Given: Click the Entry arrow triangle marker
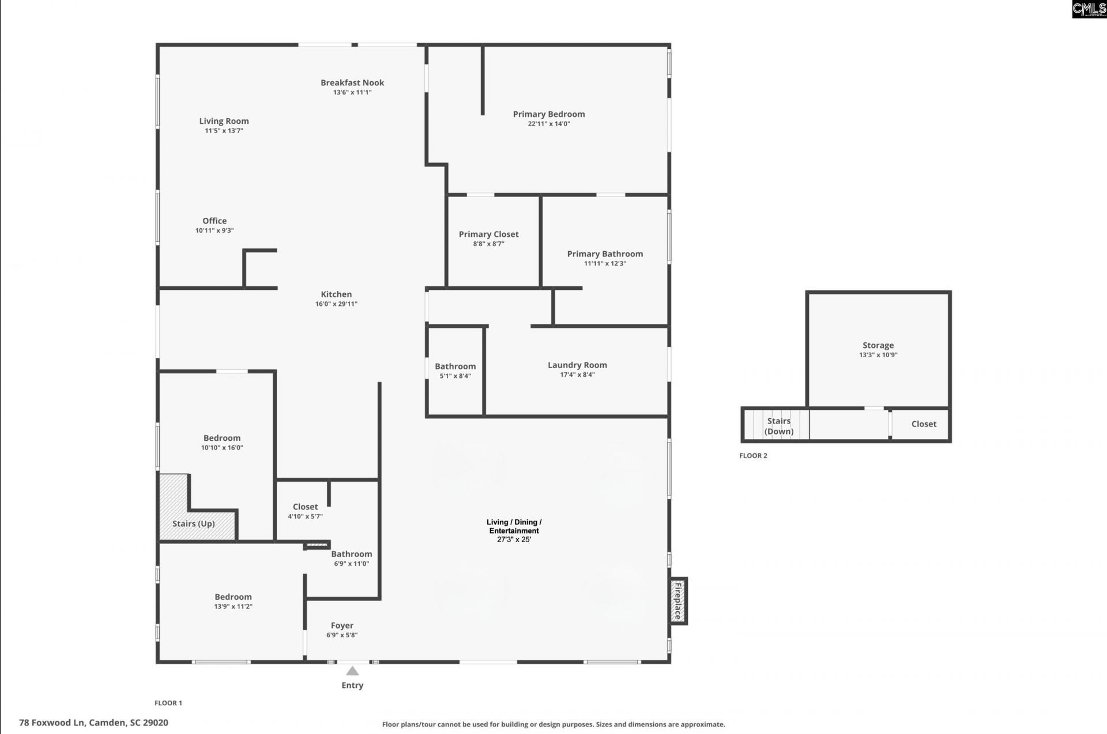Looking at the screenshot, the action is click(352, 671).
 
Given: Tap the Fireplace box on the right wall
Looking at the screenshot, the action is click(678, 601).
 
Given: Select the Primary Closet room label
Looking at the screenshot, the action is click(488, 234).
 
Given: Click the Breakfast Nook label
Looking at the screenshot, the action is click(352, 82).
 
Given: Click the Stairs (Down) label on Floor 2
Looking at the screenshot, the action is click(779, 426).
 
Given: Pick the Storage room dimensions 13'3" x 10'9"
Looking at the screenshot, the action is click(878, 355).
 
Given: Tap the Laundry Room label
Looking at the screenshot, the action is click(577, 365).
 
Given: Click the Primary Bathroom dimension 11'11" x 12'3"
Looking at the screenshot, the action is click(605, 263).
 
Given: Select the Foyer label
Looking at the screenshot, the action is click(342, 625).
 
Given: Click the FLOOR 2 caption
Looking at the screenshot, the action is click(753, 456).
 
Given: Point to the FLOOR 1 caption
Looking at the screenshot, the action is click(168, 703).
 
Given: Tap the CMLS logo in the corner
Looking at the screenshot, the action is click(1089, 9).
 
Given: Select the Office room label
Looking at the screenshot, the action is click(214, 221).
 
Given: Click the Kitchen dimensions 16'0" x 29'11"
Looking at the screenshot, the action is click(336, 304).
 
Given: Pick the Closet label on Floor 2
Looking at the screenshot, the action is click(924, 424).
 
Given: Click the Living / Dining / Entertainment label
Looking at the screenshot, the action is click(514, 527).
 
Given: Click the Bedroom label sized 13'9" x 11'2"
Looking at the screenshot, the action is click(233, 597).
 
